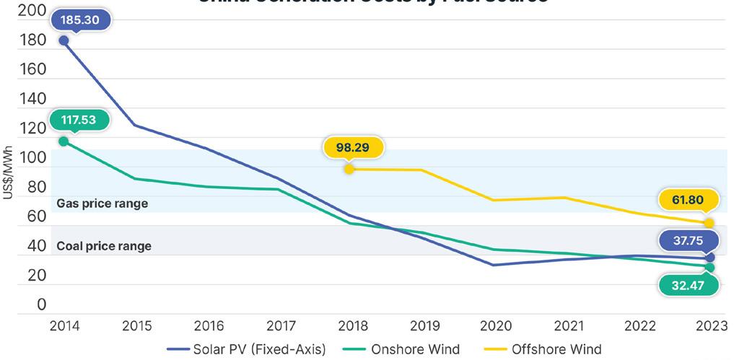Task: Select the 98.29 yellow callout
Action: (x=353, y=147)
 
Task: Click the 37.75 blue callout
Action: (x=688, y=240)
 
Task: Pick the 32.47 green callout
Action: (x=688, y=286)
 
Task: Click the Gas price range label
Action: (x=102, y=203)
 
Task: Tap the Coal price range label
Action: (x=104, y=246)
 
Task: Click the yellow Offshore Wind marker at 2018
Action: (x=349, y=170)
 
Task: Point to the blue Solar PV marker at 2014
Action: (x=64, y=40)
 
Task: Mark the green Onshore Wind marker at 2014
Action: (x=64, y=141)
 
